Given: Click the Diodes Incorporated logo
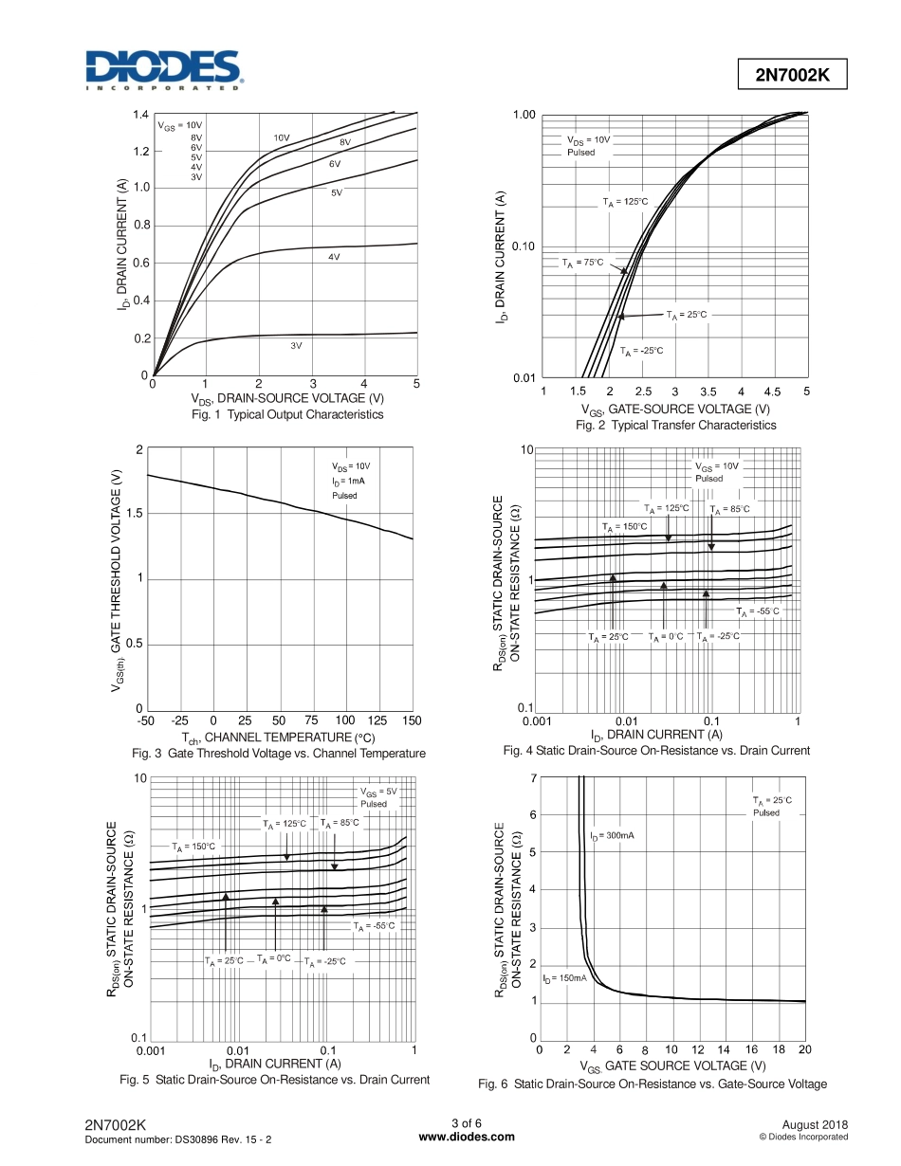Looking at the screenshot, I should coord(164,70).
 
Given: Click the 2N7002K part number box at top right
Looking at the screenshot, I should coord(792,76).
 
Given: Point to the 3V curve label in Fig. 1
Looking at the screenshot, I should coord(296,346).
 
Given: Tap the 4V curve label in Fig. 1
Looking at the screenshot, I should coord(334,257).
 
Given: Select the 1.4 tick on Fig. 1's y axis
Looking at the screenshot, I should coord(140,115).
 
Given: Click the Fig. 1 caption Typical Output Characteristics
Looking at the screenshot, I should coord(287,415).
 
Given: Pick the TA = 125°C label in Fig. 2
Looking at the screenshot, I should coord(626,202).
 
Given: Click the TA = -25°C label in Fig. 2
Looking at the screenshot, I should coord(642,351).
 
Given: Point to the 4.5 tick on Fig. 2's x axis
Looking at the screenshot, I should coord(772,392).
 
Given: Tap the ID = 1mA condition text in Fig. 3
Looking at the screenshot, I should coord(348,481).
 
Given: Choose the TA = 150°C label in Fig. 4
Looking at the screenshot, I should coord(624,526).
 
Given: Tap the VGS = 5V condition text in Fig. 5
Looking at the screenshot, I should coord(377,792).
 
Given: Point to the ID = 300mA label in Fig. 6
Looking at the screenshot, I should coord(612,836).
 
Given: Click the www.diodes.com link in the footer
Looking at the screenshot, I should coord(467,1137).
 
